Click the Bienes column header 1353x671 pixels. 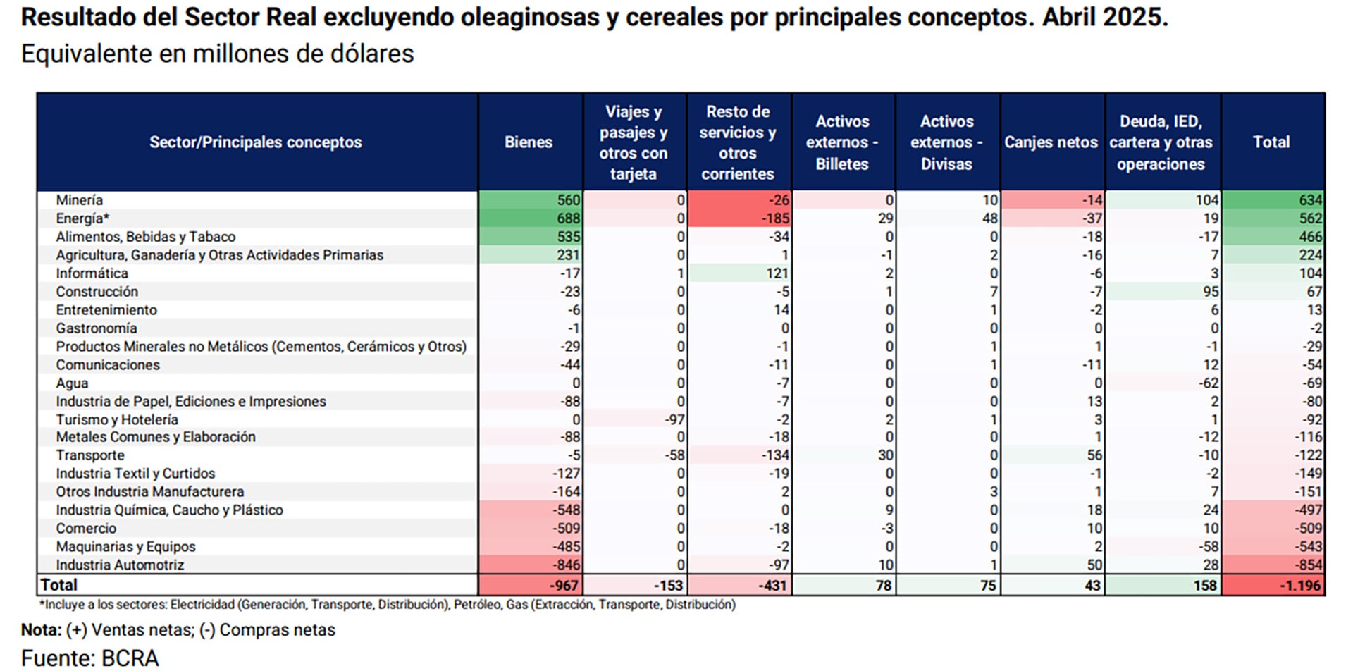pyautogui.click(x=529, y=142)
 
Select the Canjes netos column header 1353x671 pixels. pyautogui.click(x=1051, y=142)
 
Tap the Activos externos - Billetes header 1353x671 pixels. pyautogui.click(x=842, y=142)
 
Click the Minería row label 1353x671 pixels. pyautogui.click(x=80, y=200)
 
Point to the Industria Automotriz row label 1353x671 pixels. pyautogui.click(x=120, y=565)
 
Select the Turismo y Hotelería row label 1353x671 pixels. pyautogui.click(x=117, y=419)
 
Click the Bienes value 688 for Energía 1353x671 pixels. pyautogui.click(x=568, y=218)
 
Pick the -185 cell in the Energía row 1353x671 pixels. pyautogui.click(x=775, y=218)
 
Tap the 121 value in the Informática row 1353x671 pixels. pyautogui.click(x=777, y=273)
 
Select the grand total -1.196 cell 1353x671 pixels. pyautogui.click(x=1299, y=585)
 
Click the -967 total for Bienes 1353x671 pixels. pyautogui.click(x=564, y=585)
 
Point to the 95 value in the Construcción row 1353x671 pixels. pyautogui.click(x=1211, y=292)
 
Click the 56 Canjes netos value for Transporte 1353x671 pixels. pyautogui.click(x=1094, y=455)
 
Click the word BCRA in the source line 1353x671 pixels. pyautogui.click(x=130, y=658)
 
